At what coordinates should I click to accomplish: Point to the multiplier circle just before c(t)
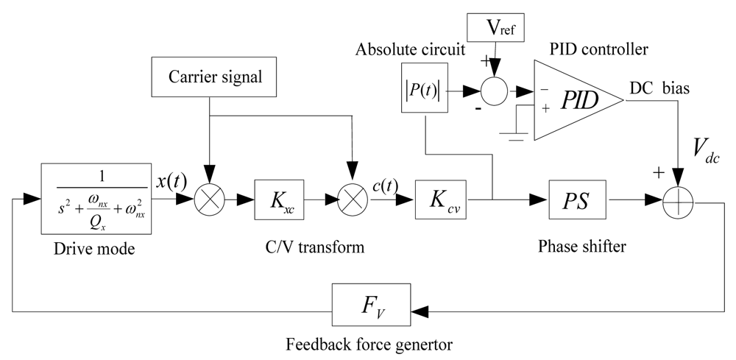click(x=353, y=199)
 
